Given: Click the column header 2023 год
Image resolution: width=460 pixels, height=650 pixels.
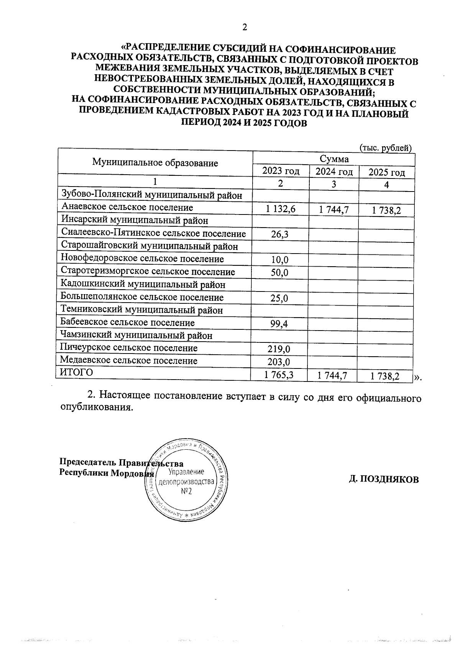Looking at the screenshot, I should coord(281,171).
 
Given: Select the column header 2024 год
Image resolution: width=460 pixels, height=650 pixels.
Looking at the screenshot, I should coord(334,172).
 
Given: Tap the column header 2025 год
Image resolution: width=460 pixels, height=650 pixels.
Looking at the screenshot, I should coord(386,172).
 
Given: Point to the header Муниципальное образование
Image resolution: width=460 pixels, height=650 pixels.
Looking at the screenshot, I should coord(155,162).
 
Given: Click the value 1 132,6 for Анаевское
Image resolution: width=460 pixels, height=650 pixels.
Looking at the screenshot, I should coord(281,209).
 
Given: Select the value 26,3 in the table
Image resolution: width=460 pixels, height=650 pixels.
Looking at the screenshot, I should coord(280,234).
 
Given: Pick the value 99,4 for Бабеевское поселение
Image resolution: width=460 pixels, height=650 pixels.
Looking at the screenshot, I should coord(279,324).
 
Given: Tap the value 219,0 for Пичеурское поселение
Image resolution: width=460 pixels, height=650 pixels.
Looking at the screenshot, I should coord(279,349).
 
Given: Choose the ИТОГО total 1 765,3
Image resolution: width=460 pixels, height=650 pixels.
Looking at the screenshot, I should coord(279,375).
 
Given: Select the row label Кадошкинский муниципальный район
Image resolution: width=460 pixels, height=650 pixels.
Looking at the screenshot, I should coord(143,284).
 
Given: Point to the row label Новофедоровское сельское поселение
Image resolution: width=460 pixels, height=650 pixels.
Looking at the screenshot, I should coord(142,259).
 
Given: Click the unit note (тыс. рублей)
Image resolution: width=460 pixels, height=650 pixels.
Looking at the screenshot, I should coord(385,147).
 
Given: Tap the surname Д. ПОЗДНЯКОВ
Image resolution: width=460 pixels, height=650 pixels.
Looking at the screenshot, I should coord(384,479).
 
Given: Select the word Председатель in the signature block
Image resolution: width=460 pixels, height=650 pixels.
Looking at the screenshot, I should coord(88,463).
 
